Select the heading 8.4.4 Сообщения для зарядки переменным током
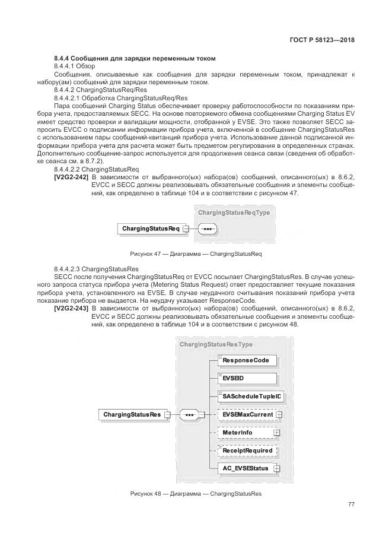(134, 58)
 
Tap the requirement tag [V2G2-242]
(71, 177)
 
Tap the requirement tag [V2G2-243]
(71, 309)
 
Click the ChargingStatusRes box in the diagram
(132, 414)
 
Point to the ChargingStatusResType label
(216, 344)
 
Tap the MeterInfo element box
(246, 433)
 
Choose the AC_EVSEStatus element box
(246, 468)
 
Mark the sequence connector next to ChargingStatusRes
(189, 414)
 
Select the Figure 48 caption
(195, 493)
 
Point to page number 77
(351, 505)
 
